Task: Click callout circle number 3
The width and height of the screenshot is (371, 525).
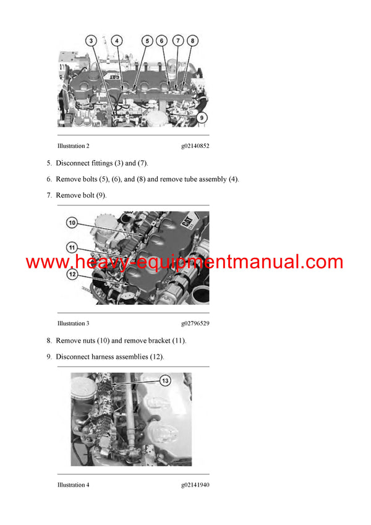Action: (x=91, y=41)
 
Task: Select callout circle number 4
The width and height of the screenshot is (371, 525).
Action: (x=116, y=41)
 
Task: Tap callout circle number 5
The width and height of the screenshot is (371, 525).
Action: (x=147, y=41)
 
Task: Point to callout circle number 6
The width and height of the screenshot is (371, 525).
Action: (x=162, y=41)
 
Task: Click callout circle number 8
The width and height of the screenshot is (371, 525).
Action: (x=193, y=41)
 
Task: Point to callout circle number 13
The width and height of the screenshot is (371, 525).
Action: (x=164, y=381)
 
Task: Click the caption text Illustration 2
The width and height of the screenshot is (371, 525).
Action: (x=73, y=147)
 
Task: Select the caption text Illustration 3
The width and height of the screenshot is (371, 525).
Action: (x=73, y=323)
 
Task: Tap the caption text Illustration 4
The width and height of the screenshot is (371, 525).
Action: (x=73, y=485)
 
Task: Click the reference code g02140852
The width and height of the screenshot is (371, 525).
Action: (x=195, y=147)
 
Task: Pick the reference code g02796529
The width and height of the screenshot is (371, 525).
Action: (x=195, y=323)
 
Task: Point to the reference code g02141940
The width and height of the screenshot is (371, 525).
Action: (x=195, y=485)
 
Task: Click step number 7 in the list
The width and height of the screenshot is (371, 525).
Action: (x=49, y=195)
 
